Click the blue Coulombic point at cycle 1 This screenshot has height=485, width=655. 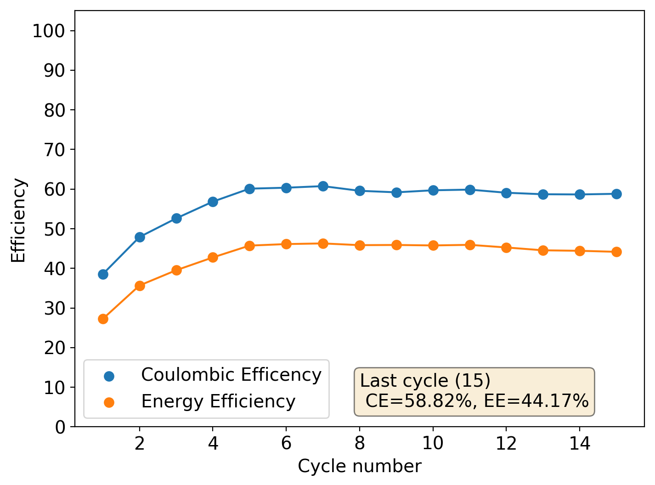[x=103, y=274]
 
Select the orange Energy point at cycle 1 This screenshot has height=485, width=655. [x=103, y=319]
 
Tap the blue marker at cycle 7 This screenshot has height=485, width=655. [x=323, y=186]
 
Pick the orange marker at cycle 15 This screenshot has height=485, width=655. [x=616, y=252]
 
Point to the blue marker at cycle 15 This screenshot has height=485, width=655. [x=616, y=194]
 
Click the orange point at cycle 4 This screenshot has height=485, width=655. [x=213, y=257]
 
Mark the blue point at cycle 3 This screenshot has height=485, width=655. [x=176, y=218]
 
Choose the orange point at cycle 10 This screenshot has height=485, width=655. [x=433, y=245]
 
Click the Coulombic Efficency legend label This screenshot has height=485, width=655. [x=231, y=375]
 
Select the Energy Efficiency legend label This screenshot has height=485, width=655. [x=218, y=401]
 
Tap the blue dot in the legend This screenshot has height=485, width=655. [x=109, y=376]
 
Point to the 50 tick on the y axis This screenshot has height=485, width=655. [x=54, y=229]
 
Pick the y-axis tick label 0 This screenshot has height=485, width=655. [x=60, y=427]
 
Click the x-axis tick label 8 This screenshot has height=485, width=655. [x=360, y=443]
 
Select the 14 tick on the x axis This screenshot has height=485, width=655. [x=580, y=443]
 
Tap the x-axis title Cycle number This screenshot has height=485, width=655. [x=359, y=466]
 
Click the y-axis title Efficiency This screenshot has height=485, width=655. [x=18, y=220]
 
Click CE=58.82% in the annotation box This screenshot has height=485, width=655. [x=418, y=401]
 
